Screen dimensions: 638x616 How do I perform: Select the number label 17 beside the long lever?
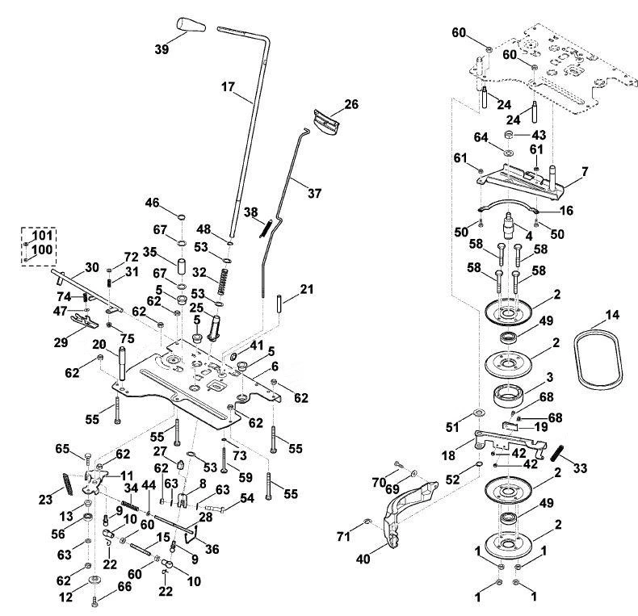pos(229,86)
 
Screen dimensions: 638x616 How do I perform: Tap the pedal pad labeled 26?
pos(326,122)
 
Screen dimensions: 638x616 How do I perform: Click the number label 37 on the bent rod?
pos(314,193)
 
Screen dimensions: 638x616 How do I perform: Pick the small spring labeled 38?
pos(266,228)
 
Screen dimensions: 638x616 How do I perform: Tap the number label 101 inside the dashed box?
pos(42,235)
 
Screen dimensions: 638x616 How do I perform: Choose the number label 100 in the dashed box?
pos(42,249)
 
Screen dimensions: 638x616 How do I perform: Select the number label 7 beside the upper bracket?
pos(585,172)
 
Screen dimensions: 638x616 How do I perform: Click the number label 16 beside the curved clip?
pos(566,211)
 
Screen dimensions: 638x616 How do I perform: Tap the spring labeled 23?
pos(68,484)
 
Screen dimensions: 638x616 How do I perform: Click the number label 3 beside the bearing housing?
pos(549,377)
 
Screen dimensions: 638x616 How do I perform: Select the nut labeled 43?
pos(508,135)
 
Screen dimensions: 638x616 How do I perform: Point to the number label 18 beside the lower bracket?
pos(448,455)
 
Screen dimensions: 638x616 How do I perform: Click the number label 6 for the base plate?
pos(275,367)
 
